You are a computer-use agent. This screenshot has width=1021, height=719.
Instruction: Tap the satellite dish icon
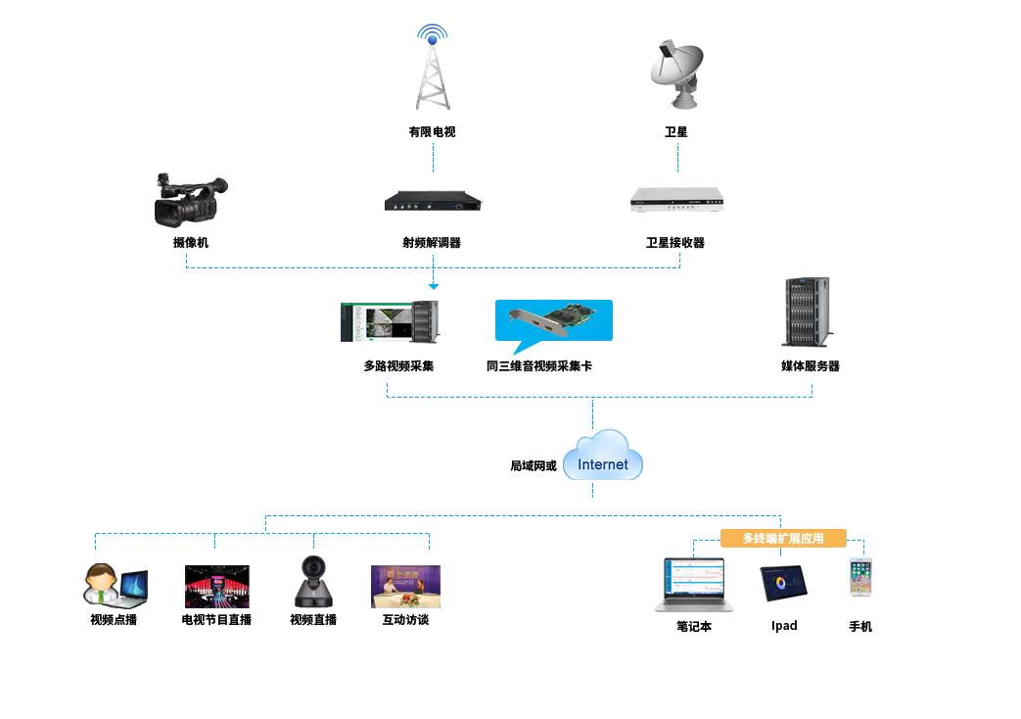(676, 74)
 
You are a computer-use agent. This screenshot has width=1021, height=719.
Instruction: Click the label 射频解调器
(432, 243)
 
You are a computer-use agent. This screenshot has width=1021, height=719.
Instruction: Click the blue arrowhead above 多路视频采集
(433, 286)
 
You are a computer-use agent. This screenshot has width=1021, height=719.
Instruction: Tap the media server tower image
(808, 312)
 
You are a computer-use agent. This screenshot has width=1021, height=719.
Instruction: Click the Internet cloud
(603, 458)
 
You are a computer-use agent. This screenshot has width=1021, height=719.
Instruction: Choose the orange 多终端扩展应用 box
(783, 538)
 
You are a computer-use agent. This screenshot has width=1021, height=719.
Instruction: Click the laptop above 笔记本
(693, 585)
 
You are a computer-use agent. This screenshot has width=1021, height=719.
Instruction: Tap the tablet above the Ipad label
(785, 583)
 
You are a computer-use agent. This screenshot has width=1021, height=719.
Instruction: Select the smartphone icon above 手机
(860, 578)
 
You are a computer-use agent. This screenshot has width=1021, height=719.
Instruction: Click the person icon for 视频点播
(114, 585)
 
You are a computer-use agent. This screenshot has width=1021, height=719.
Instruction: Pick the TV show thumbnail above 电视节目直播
(216, 587)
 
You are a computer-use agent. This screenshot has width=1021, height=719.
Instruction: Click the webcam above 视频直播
(314, 582)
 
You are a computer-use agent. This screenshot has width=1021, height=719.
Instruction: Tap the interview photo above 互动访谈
(405, 587)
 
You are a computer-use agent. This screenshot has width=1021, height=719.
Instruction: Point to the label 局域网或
(534, 466)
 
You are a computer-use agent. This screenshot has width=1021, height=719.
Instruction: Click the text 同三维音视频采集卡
(539, 366)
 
